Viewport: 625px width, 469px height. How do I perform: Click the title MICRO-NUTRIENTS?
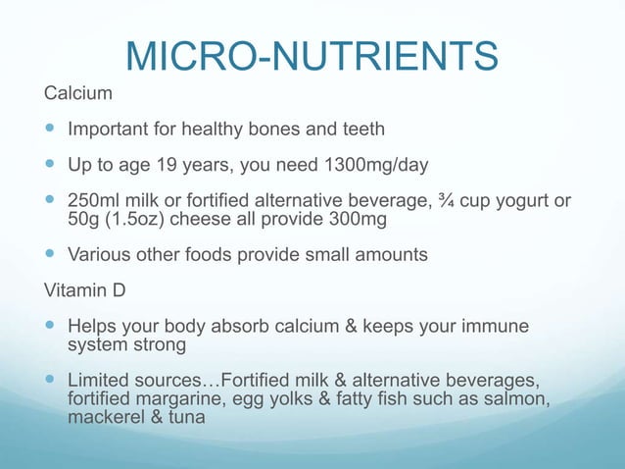pyautogui.click(x=312, y=57)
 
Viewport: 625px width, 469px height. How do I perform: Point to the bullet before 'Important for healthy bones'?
pyautogui.click(x=51, y=129)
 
